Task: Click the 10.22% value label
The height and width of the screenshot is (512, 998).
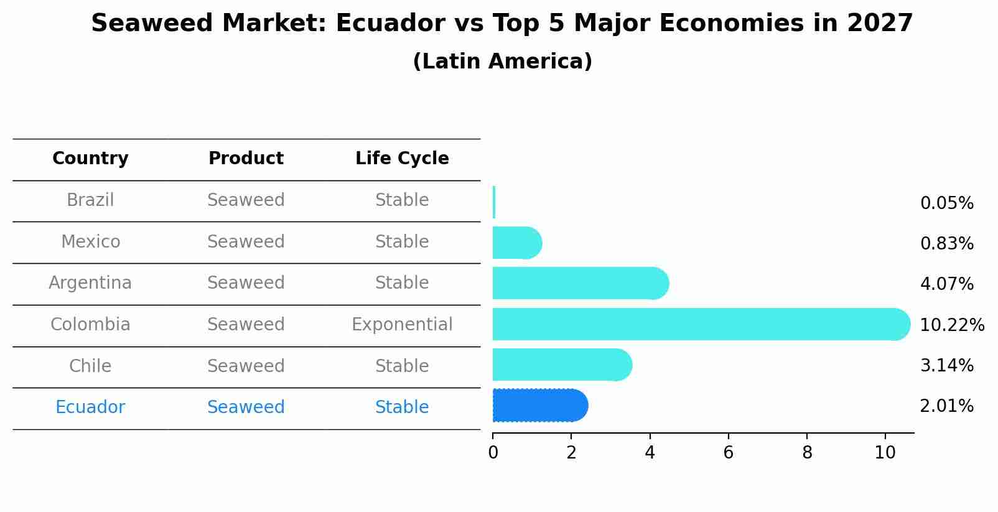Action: (951, 325)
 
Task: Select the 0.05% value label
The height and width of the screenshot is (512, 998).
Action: (946, 203)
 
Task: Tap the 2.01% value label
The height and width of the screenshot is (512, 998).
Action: (946, 406)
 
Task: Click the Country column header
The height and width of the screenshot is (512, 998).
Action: (90, 159)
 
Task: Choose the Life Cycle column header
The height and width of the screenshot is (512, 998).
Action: (402, 159)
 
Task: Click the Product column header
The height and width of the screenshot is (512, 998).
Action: (246, 159)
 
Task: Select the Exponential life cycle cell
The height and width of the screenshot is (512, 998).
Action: (402, 325)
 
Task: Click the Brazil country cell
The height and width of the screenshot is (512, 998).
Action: (90, 200)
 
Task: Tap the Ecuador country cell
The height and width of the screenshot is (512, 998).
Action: (90, 407)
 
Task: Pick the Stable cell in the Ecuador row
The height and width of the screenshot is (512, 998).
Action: (402, 407)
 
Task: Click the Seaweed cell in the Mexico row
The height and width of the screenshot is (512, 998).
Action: (246, 242)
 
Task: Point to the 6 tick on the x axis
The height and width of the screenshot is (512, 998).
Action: (728, 453)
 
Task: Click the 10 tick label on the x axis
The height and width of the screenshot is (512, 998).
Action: (885, 453)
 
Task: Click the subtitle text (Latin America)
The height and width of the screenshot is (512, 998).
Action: (502, 62)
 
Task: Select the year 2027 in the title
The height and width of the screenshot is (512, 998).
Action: (880, 24)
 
